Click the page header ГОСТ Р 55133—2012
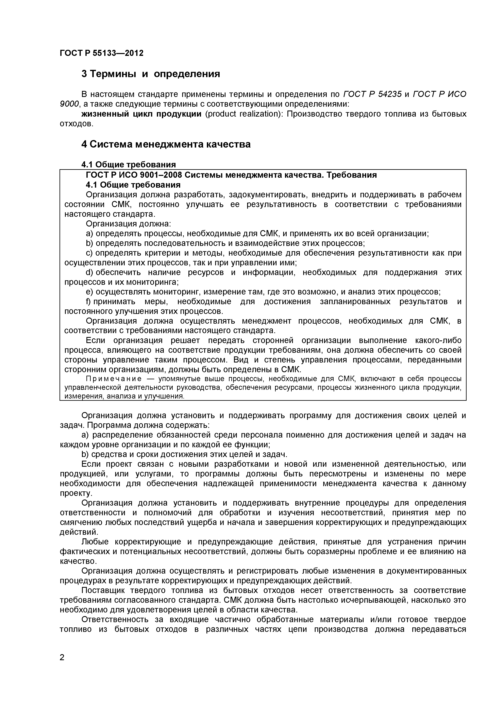tap(101, 53)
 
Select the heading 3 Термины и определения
tap(151, 74)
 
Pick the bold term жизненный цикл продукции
tap(141, 114)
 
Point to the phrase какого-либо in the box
tap(437, 340)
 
